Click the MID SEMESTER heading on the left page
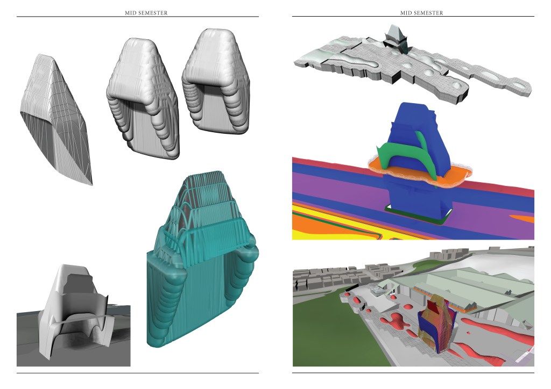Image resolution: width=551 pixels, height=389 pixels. pos(146,13)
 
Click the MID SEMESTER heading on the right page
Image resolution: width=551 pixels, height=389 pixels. pos(422,13)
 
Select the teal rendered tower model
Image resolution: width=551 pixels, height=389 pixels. pos(202,260)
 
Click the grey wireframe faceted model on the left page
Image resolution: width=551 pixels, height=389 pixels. pos(56,119)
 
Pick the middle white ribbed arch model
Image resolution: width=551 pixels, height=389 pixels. pos(142,98)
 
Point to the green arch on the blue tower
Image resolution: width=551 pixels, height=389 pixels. pos(404,151)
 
